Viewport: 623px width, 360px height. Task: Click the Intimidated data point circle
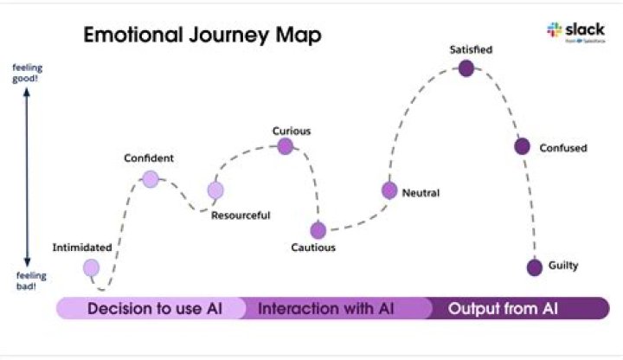[91, 267]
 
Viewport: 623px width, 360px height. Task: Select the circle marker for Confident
[151, 179]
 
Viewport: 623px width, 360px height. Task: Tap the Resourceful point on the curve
[215, 190]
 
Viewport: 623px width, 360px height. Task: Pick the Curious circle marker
[286, 146]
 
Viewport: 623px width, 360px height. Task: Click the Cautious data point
[318, 230]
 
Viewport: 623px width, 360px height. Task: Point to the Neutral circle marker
[389, 190]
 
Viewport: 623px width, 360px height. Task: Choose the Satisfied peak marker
[466, 68]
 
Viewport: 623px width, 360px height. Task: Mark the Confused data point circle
[522, 146]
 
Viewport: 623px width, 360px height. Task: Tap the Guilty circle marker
[535, 267]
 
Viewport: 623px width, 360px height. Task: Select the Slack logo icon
[555, 30]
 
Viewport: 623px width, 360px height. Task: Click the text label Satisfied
[471, 49]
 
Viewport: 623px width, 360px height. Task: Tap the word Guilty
[563, 266]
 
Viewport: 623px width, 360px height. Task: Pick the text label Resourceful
[241, 215]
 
